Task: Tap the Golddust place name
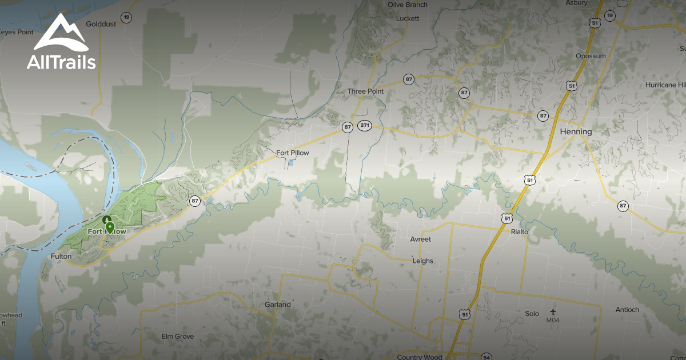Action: click(101, 24)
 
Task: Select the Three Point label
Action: click(365, 91)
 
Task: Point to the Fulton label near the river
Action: click(61, 256)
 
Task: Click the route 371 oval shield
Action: click(365, 125)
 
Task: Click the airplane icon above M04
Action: click(553, 311)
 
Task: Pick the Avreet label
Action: click(421, 239)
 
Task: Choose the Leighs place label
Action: click(423, 261)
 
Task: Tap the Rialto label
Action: click(520, 231)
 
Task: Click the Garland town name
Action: click(277, 305)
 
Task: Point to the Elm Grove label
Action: click(178, 337)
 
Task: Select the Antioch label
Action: click(627, 310)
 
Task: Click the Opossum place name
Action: click(591, 56)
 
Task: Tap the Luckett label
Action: click(407, 18)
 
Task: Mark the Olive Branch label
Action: click(407, 5)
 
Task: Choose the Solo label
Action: click(532, 314)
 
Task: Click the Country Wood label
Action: click(419, 357)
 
